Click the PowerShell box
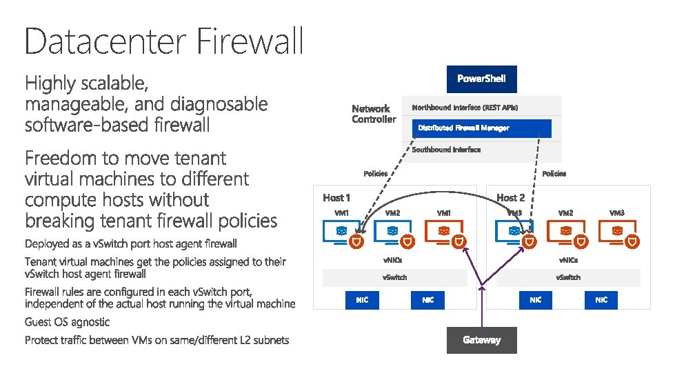coord(481,79)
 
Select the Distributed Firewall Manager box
coord(483,128)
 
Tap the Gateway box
coord(481,339)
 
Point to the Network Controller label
coord(374,114)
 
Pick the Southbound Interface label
coord(446,150)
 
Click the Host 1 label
coord(336,198)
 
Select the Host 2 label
coord(511,198)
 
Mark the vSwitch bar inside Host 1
coord(395,277)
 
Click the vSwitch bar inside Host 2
coord(568,277)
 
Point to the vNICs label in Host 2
coord(568,260)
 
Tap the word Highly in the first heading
coord(50,84)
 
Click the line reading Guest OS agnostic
coord(67,322)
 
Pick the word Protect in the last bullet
coord(42,340)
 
